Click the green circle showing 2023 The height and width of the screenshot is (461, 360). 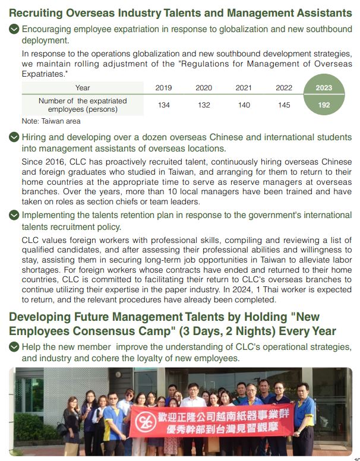pyautogui.click(x=324, y=88)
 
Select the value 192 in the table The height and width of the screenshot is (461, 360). pyautogui.click(x=324, y=105)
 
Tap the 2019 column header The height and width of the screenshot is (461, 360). pyautogui.click(x=163, y=88)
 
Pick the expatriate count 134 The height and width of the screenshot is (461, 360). pyautogui.click(x=163, y=105)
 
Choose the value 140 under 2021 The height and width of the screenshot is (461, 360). pyautogui.click(x=244, y=105)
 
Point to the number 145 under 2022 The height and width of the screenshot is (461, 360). pyautogui.click(x=284, y=105)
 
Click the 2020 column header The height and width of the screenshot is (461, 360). pyautogui.click(x=204, y=88)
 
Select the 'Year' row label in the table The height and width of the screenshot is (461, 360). pyautogui.click(x=83, y=88)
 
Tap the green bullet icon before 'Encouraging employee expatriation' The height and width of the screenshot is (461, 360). pyautogui.click(x=14, y=29)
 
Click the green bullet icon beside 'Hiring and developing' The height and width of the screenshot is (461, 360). pyautogui.click(x=14, y=138)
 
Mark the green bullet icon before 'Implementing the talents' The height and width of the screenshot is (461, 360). pyautogui.click(x=14, y=216)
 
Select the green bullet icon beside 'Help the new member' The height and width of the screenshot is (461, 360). pyautogui.click(x=14, y=347)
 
